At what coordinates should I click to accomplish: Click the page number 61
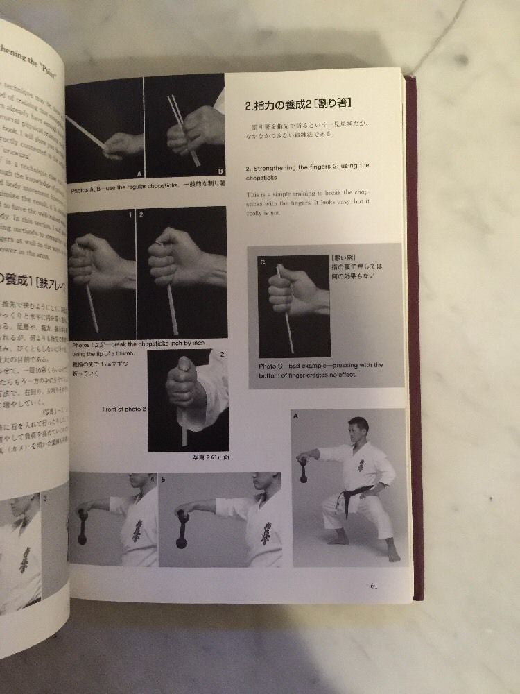[x=374, y=585]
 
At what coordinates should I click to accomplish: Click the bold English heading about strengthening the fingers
[x=307, y=170]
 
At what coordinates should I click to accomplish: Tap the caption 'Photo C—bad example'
[x=320, y=370]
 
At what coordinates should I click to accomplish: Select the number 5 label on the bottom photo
[x=164, y=479]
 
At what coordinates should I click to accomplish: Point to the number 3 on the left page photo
[x=45, y=497]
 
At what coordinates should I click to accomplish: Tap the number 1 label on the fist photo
[x=130, y=216]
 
